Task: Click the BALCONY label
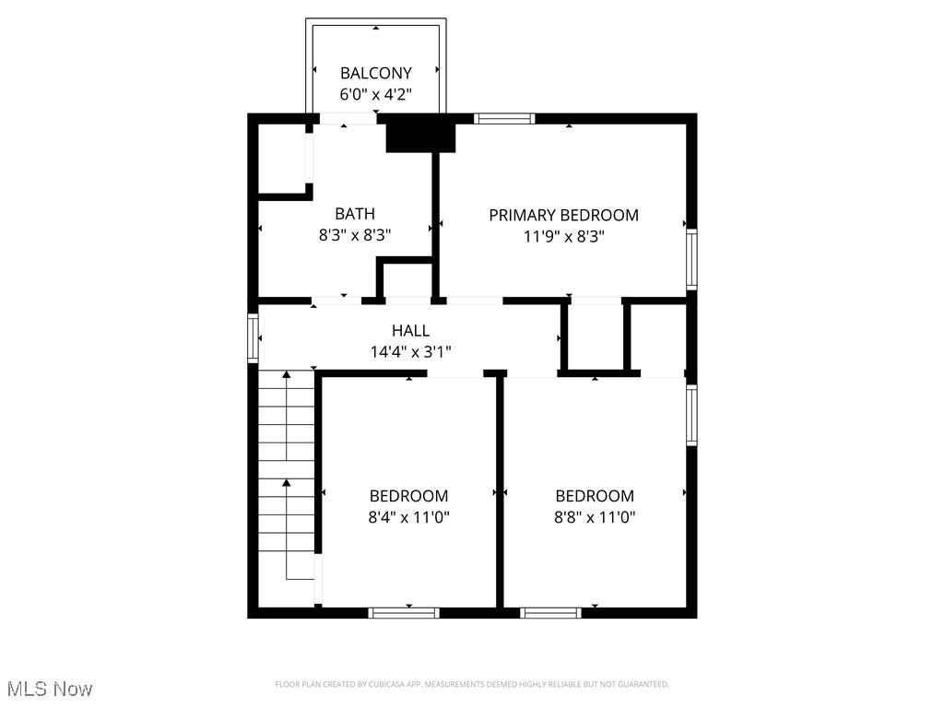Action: pyautogui.click(x=375, y=73)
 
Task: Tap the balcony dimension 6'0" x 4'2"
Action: pyautogui.click(x=375, y=94)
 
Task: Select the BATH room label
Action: pyautogui.click(x=355, y=214)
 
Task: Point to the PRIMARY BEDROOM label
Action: pyautogui.click(x=563, y=215)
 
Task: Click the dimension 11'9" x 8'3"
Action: pyautogui.click(x=563, y=236)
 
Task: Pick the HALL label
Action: pyautogui.click(x=410, y=330)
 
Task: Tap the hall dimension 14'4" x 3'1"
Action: pyautogui.click(x=410, y=351)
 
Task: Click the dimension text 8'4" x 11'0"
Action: pyautogui.click(x=408, y=517)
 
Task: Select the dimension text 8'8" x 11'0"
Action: pyautogui.click(x=595, y=517)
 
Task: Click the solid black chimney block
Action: pyautogui.click(x=420, y=135)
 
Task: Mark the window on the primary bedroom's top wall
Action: pyautogui.click(x=504, y=118)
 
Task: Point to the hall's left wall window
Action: pyautogui.click(x=253, y=337)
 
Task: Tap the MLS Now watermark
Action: pyautogui.click(x=50, y=689)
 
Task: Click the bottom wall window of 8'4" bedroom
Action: pyautogui.click(x=404, y=612)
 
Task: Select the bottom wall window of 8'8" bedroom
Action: pyautogui.click(x=550, y=612)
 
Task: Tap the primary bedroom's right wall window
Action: pyautogui.click(x=691, y=259)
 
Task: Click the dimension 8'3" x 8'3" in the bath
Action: pyautogui.click(x=355, y=235)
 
